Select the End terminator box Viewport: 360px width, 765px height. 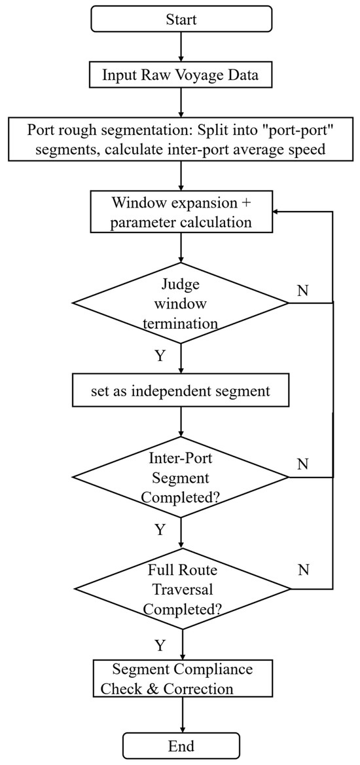pyautogui.click(x=181, y=746)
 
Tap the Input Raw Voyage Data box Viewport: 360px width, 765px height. pyautogui.click(x=181, y=75)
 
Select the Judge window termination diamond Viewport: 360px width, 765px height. pyautogui.click(x=181, y=303)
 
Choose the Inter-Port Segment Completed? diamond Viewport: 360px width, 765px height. pyautogui.click(x=181, y=477)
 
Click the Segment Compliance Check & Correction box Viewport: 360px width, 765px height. pyautogui.click(x=181, y=678)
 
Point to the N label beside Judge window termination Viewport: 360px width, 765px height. pyautogui.click(x=302, y=291)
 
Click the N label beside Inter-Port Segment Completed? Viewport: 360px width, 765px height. pyautogui.click(x=302, y=464)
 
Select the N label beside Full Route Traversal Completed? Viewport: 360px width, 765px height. pyautogui.click(x=302, y=570)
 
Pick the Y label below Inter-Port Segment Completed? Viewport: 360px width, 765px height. pyautogui.click(x=160, y=530)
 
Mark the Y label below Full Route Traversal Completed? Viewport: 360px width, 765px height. pyautogui.click(x=160, y=646)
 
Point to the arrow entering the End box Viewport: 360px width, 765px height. pyautogui.click(x=181, y=715)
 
